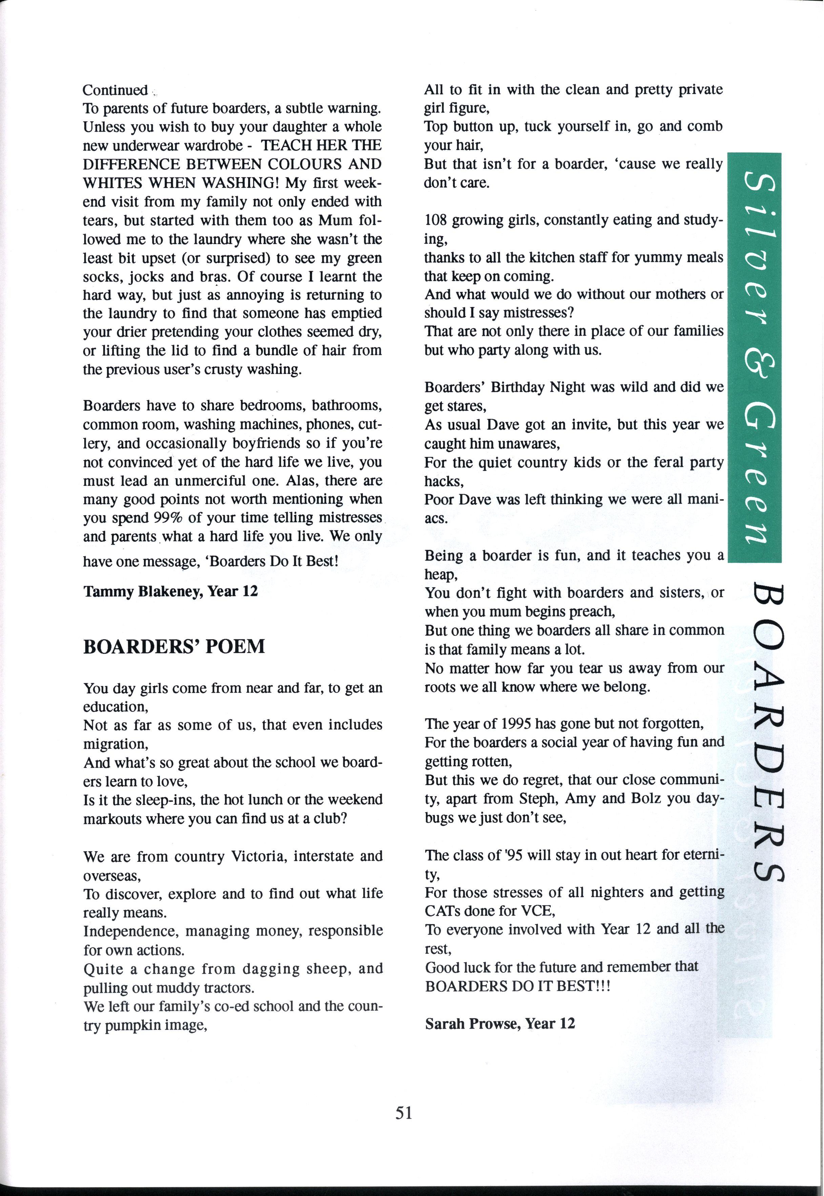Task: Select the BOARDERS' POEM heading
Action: (174, 646)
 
